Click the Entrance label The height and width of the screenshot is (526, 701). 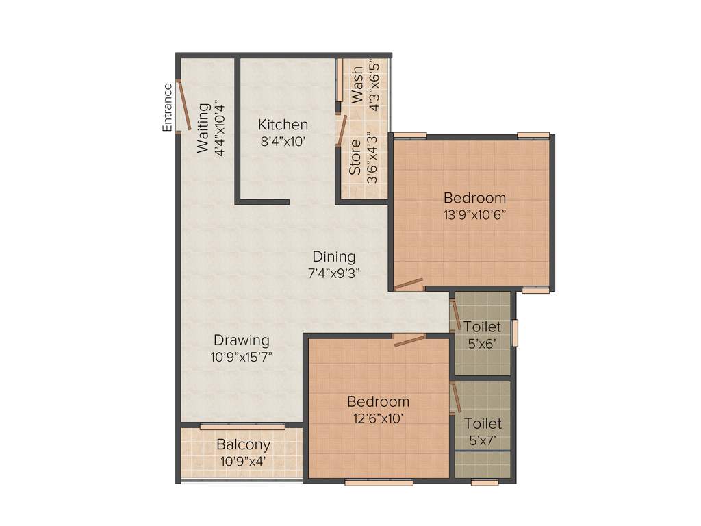(167, 107)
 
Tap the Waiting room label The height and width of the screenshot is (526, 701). (203, 128)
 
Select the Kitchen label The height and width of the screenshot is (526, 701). (283, 125)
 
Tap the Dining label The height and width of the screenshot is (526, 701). (334, 257)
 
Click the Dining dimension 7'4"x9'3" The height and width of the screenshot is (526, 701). (334, 273)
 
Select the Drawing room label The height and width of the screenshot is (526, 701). (241, 340)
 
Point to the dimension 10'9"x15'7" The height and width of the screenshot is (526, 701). (241, 356)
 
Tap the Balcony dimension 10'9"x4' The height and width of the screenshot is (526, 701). (243, 461)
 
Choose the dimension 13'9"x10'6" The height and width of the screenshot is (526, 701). (474, 214)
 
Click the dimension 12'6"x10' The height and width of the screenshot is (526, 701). (378, 417)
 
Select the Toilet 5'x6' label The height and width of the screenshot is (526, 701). (482, 327)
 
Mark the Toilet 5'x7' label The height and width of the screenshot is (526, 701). (482, 424)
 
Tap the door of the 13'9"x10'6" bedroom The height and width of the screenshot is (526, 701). (409, 282)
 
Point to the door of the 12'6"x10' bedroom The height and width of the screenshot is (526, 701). (409, 340)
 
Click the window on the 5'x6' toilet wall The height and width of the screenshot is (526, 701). (515, 333)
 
